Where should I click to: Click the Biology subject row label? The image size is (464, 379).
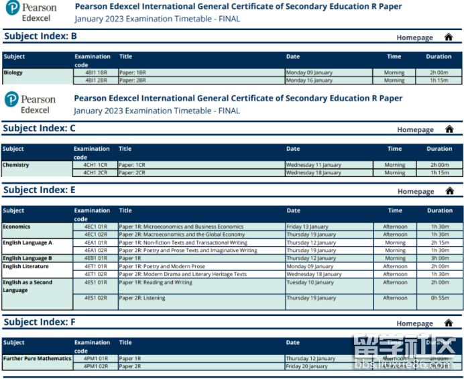[x=13, y=72]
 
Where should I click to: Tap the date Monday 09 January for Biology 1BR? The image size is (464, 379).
[x=309, y=72]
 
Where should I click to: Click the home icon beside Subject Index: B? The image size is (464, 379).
[x=449, y=38]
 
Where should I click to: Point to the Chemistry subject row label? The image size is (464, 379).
[x=16, y=164]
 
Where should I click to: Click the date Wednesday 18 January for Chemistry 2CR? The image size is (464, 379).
[x=313, y=173]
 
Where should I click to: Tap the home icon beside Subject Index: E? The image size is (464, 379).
[x=449, y=191]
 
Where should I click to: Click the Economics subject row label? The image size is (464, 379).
[x=17, y=227]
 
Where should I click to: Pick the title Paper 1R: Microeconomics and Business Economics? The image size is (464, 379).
[x=181, y=227]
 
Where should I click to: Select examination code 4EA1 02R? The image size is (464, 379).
[x=95, y=250]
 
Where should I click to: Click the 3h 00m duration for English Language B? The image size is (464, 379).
[x=439, y=258]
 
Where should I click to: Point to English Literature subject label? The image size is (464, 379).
[x=26, y=266]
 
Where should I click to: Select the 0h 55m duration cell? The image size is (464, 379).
[x=439, y=298]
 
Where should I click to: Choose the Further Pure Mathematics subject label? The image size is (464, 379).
[x=37, y=358]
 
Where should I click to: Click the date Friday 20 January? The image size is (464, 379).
[x=307, y=366]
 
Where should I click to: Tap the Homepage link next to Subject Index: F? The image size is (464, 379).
[x=414, y=323]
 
